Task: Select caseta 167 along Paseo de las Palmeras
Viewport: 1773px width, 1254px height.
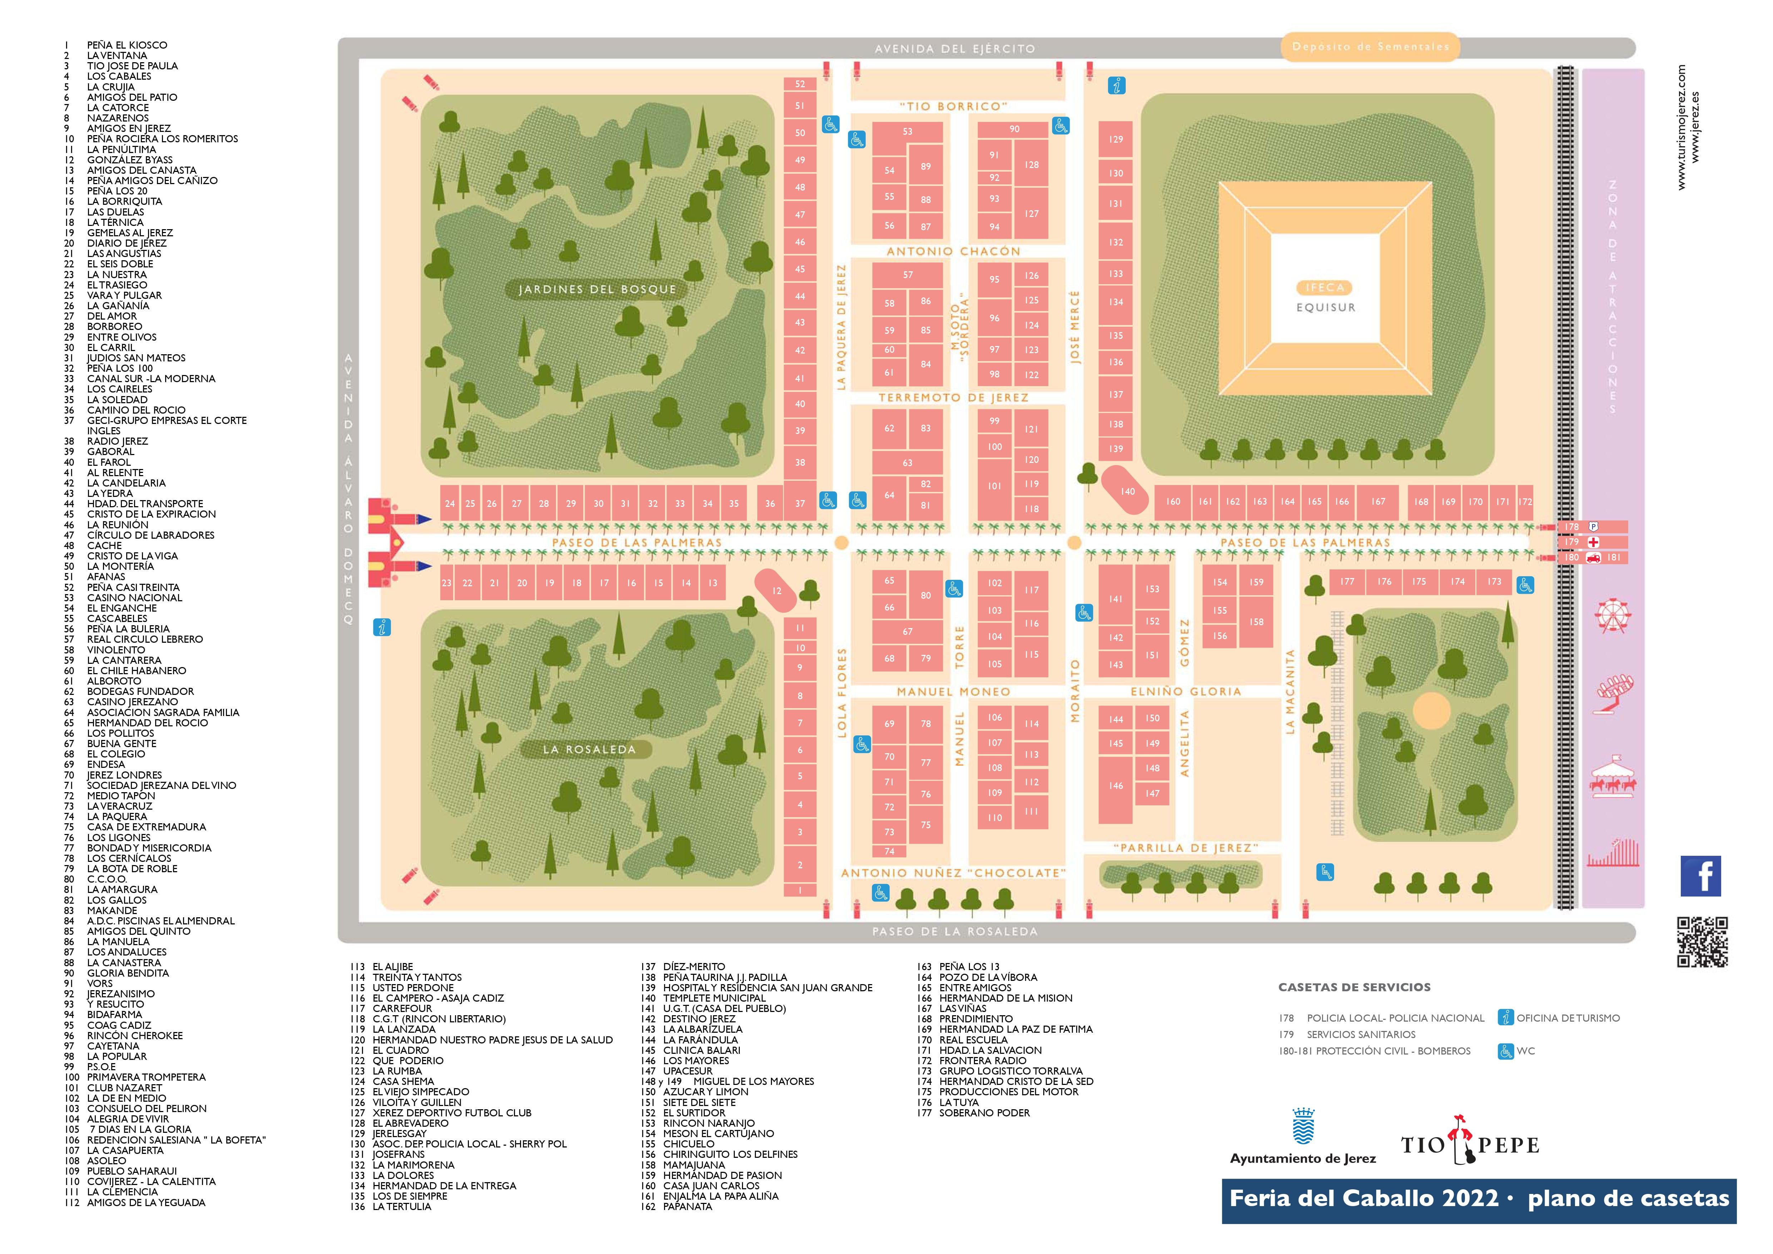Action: coord(1378,502)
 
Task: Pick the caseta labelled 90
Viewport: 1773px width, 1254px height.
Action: coord(1014,129)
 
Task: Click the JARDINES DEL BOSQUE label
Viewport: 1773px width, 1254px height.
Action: coord(597,290)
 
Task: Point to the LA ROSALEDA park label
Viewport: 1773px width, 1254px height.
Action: coord(588,749)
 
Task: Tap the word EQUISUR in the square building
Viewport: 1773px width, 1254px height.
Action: coord(1325,307)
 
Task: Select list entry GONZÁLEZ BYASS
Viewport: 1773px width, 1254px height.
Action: coord(130,160)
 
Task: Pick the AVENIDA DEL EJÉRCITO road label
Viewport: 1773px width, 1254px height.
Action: coord(955,49)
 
